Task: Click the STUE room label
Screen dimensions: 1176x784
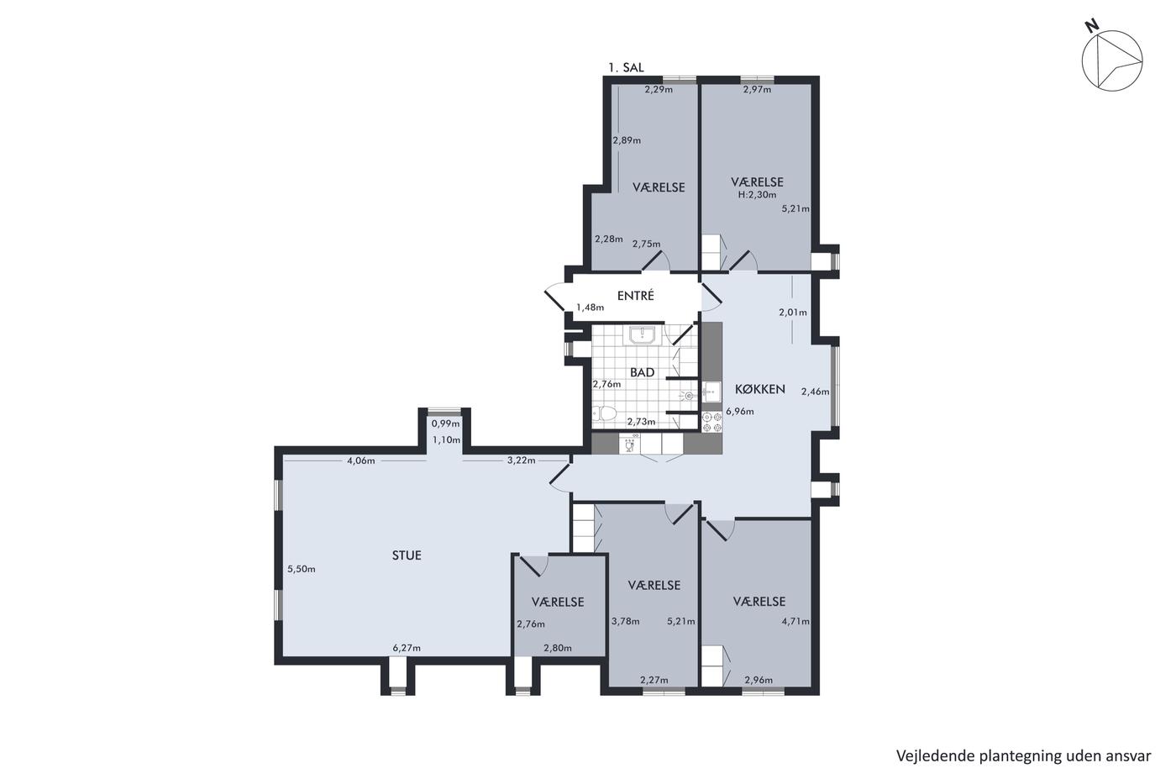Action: (407, 555)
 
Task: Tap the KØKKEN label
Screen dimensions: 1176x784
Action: (759, 389)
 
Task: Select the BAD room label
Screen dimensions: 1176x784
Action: (642, 372)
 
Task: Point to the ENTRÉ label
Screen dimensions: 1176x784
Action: (635, 296)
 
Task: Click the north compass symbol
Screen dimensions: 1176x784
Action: (1111, 60)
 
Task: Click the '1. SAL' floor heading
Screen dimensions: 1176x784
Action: (626, 67)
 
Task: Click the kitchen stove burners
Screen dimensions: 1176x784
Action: (712, 422)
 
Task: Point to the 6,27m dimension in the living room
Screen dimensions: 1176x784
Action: (407, 648)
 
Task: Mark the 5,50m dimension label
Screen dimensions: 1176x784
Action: (302, 569)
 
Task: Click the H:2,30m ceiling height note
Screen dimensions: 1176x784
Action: (757, 195)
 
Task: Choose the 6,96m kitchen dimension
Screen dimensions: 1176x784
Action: (740, 411)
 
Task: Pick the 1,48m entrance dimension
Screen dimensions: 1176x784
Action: (590, 308)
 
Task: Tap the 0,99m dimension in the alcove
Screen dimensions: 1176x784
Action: (446, 424)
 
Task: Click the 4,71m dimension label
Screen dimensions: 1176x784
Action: (795, 621)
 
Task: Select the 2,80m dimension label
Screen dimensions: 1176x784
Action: (558, 648)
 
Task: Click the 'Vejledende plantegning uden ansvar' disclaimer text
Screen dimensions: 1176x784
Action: (1023, 755)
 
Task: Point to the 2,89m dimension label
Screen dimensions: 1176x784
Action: (627, 140)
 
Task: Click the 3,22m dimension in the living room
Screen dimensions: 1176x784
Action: (522, 460)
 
